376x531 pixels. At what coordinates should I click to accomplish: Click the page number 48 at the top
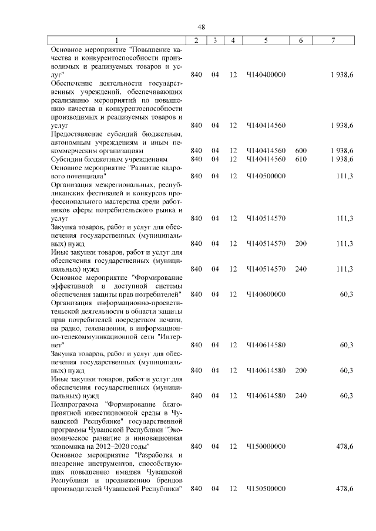coord(201,28)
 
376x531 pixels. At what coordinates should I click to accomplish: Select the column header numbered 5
coord(266,40)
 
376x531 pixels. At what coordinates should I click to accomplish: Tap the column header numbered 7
coord(333,40)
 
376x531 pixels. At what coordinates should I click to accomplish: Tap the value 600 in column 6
coord(301,151)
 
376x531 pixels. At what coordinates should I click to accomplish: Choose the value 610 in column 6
coord(301,159)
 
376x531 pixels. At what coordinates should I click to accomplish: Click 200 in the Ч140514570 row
coord(301,243)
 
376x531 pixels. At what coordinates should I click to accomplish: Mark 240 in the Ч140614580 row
coord(301,395)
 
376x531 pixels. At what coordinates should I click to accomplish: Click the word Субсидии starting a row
coord(67,159)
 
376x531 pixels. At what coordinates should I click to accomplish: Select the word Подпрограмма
coord(75,404)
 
